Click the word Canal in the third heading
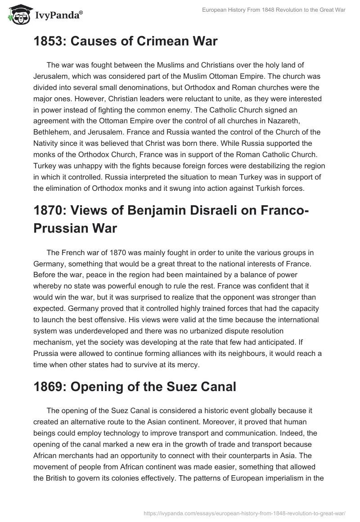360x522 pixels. (215, 387)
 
